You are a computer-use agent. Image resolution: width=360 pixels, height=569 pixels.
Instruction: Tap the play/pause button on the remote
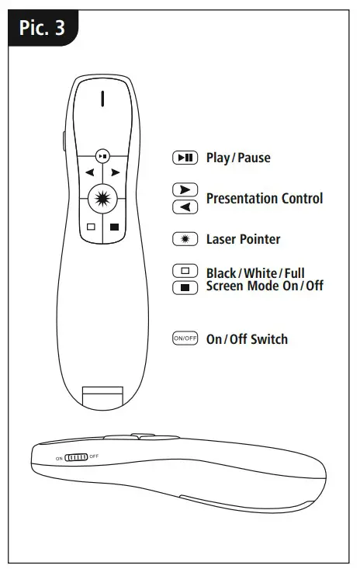pyautogui.click(x=102, y=155)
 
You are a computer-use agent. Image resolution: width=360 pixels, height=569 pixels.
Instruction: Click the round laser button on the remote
pyautogui.click(x=102, y=199)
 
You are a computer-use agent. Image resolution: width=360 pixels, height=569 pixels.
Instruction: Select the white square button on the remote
pyautogui.click(x=90, y=227)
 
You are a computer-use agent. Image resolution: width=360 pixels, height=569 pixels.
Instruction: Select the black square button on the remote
pyautogui.click(x=114, y=227)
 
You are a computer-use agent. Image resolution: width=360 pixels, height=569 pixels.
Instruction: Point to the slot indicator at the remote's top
pyautogui.click(x=102, y=99)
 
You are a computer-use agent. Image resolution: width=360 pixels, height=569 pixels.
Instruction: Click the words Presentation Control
pyautogui.click(x=264, y=199)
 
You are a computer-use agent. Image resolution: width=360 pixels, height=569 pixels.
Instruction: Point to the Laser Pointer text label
pyautogui.click(x=243, y=239)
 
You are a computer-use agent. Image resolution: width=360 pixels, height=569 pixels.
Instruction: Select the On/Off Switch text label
pyautogui.click(x=247, y=339)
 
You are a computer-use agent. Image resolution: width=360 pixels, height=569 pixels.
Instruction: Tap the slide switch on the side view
pyautogui.click(x=76, y=457)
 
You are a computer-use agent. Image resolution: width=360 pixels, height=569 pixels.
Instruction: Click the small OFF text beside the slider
pyautogui.click(x=94, y=457)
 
